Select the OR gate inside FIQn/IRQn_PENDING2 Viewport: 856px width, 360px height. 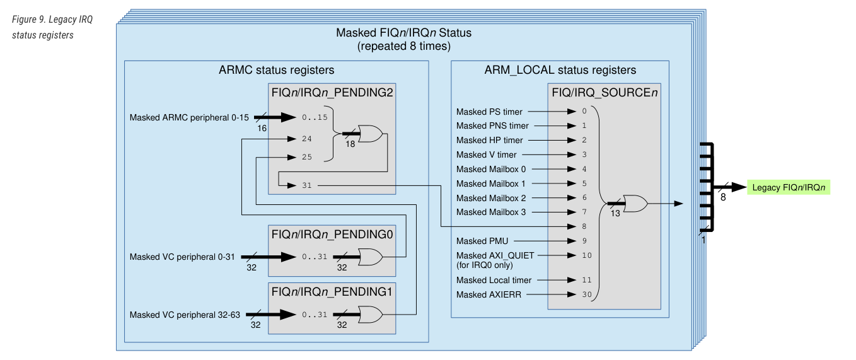point(369,133)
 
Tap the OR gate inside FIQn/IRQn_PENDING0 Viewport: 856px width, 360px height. point(369,257)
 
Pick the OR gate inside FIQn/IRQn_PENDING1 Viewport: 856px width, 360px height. point(369,314)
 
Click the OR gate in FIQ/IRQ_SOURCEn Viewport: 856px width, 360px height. point(634,204)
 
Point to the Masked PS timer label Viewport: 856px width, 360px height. point(489,112)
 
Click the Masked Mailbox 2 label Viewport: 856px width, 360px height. point(491,198)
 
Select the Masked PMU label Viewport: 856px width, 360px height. point(482,240)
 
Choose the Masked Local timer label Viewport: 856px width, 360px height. point(494,280)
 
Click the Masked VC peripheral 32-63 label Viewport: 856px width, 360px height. point(185,314)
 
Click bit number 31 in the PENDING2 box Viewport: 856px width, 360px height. point(307,185)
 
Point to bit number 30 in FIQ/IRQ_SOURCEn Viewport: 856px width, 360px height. point(587,294)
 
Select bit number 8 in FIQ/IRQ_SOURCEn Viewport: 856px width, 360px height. point(584,226)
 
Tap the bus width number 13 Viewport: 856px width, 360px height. point(616,214)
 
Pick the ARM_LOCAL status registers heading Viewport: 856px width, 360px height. point(560,70)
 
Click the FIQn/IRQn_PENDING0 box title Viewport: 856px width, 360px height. point(332,234)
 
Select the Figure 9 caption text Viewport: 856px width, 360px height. point(52,27)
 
